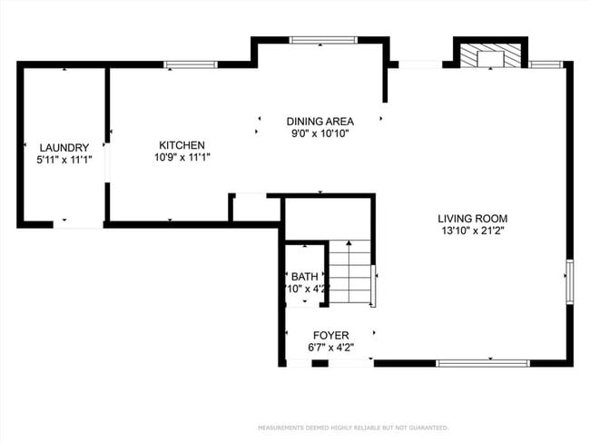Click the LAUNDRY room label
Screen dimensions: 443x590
coord(64,147)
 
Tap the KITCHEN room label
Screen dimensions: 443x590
coord(182,145)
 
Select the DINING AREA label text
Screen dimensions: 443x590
coord(320,121)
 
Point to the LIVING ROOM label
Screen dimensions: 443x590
coord(472,218)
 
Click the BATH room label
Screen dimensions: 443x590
coord(304,277)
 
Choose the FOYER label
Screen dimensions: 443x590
coord(331,335)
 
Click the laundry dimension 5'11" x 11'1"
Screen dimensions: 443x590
coord(64,160)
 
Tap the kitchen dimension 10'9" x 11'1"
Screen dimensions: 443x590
coord(182,158)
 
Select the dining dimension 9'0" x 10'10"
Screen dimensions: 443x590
coord(320,133)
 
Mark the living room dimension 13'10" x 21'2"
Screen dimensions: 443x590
coord(472,231)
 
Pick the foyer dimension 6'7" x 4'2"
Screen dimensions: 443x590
coord(331,348)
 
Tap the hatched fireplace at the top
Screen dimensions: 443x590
coord(490,57)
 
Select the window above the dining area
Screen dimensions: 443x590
coord(316,40)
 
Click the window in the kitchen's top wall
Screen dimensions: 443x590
coord(191,64)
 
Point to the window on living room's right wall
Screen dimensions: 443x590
coord(569,280)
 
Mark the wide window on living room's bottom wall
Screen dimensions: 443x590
coord(483,363)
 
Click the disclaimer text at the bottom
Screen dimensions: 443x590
coord(353,427)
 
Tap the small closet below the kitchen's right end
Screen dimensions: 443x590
coord(254,208)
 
